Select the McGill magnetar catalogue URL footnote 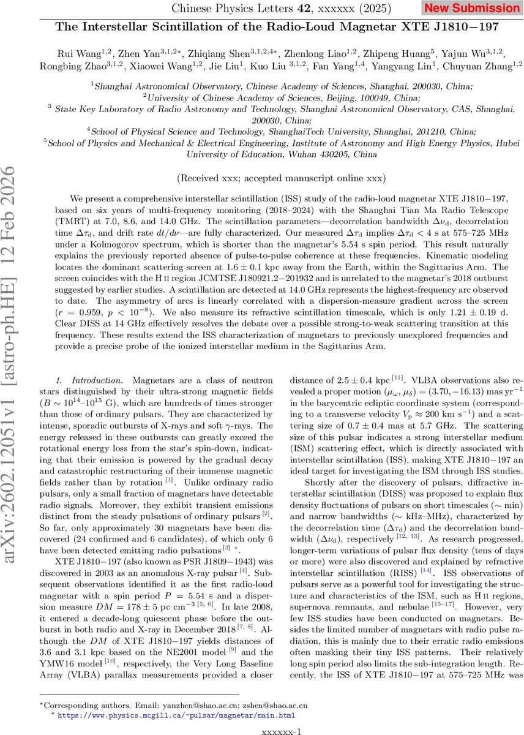[178, 715]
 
